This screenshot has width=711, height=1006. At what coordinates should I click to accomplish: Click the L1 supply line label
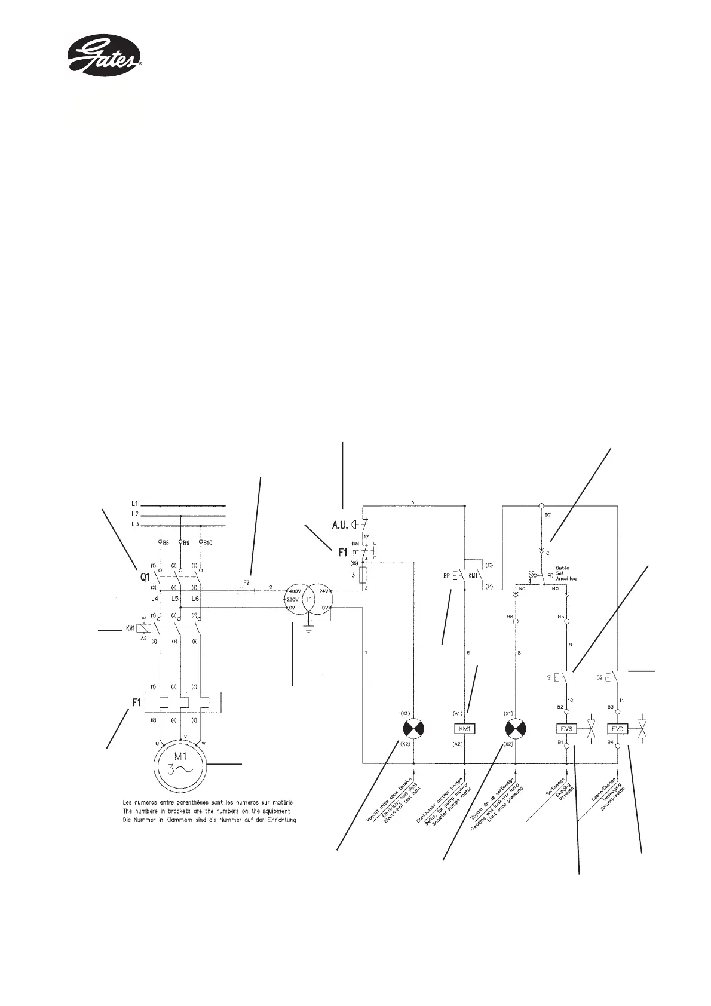135,505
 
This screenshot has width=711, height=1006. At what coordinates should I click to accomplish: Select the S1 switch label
549,677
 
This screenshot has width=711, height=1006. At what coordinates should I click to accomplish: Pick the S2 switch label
600,677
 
